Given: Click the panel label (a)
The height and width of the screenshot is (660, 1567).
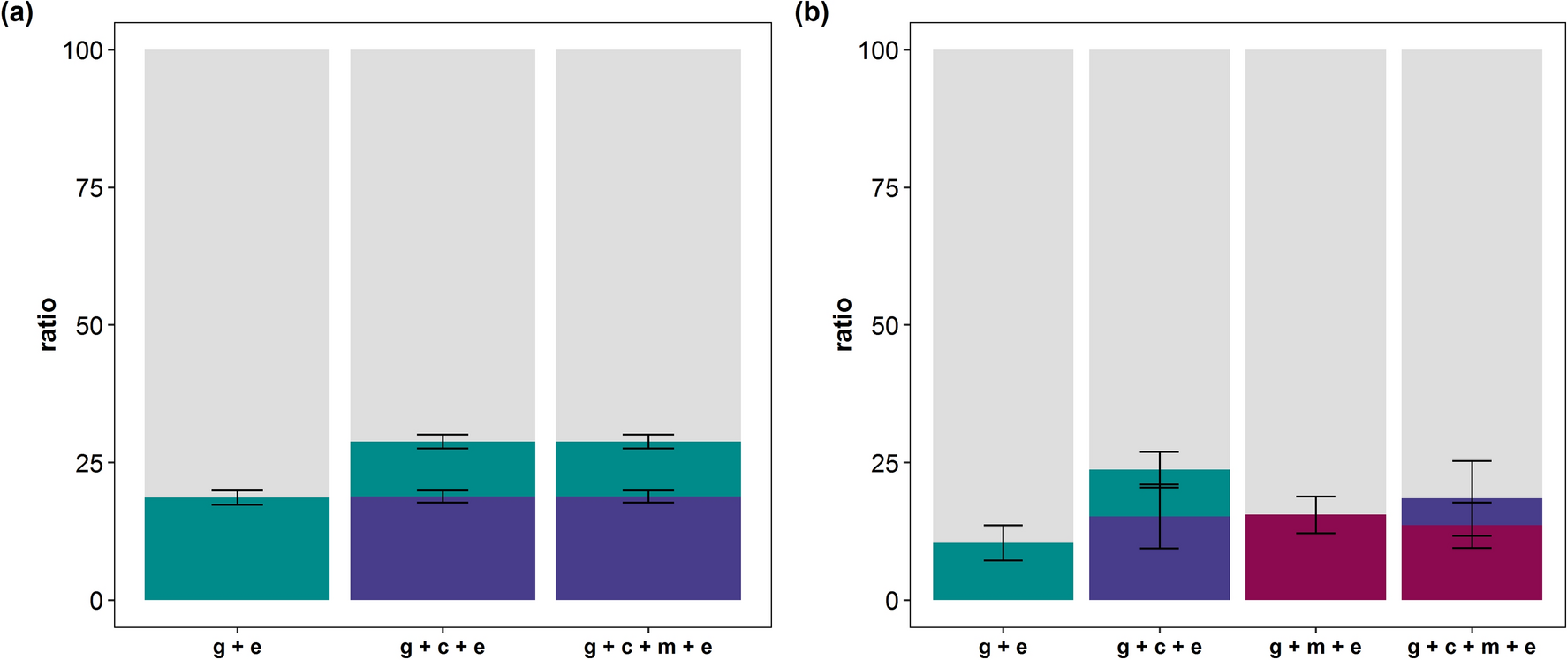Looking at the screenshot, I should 17,13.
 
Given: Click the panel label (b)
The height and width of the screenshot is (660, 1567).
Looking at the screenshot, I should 810,13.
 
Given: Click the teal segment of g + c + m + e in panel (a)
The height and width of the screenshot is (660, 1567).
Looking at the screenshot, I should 648,469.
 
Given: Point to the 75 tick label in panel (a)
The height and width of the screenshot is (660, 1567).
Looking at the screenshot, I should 88,188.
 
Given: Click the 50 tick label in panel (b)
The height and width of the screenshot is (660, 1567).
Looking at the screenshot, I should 884,326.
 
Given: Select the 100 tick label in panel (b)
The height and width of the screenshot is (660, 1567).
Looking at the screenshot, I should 878,50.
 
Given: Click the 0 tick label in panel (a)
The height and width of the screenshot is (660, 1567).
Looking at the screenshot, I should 95,602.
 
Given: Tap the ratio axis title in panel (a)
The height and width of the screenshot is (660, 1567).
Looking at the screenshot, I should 49,325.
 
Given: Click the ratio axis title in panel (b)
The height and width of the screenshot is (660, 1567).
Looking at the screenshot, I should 844,325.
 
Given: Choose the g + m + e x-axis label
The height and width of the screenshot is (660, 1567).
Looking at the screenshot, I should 1315,648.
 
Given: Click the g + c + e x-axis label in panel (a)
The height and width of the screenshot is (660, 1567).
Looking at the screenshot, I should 443,648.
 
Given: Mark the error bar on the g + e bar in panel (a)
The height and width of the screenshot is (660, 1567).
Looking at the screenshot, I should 237,497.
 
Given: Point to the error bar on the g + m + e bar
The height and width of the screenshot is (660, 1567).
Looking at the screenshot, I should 1315,514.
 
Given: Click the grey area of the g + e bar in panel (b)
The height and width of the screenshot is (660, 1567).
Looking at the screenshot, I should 1003,292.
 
